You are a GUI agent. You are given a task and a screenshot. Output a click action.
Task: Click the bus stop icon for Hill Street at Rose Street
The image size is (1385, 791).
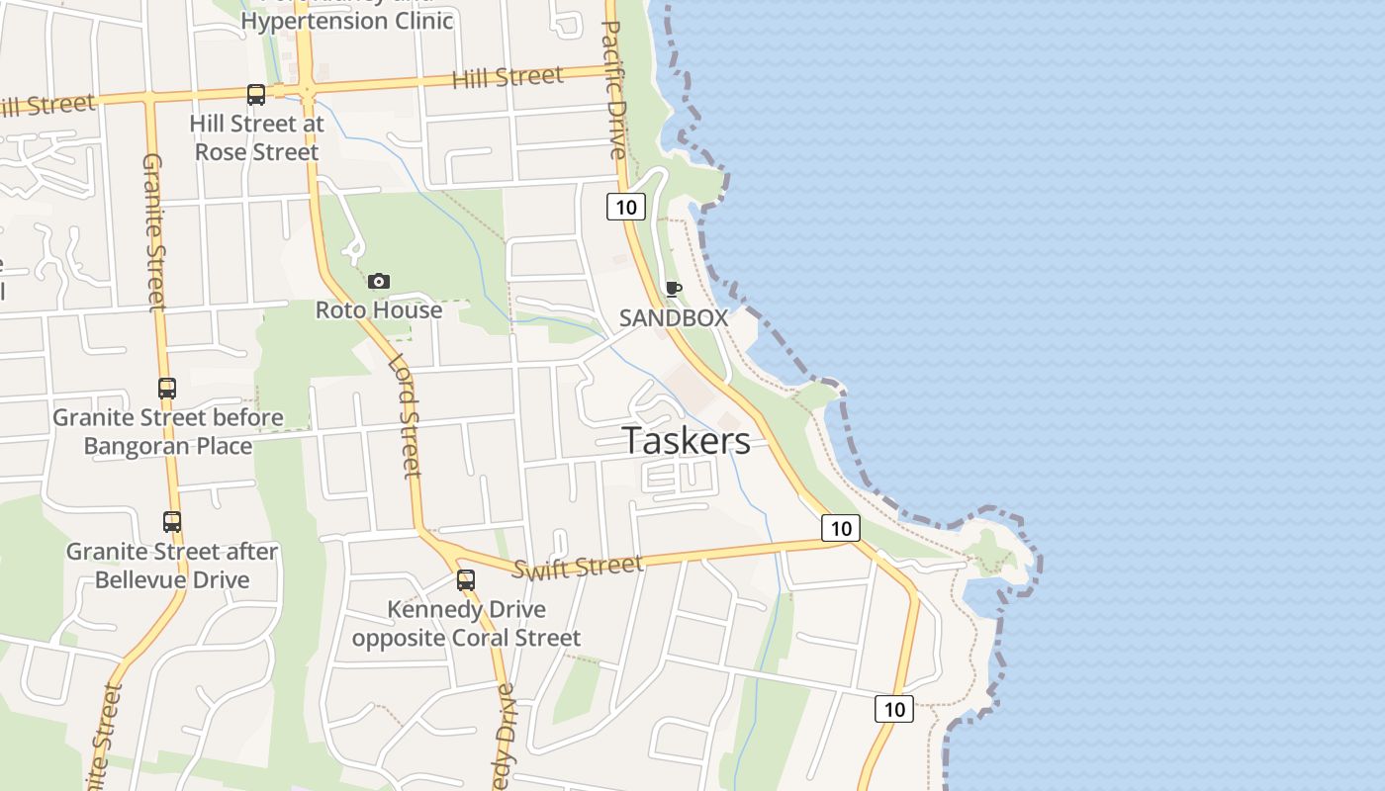click(256, 95)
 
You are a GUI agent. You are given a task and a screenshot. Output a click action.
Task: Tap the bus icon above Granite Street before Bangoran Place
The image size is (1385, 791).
click(167, 389)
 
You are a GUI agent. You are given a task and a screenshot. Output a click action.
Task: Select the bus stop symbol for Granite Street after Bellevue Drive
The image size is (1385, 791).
click(172, 521)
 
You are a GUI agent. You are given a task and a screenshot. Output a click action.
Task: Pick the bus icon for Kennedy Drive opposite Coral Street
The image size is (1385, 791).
click(466, 580)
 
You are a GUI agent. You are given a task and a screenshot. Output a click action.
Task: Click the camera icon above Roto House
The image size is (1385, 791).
click(378, 282)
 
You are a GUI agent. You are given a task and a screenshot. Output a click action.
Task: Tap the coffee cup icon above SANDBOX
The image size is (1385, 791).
click(674, 289)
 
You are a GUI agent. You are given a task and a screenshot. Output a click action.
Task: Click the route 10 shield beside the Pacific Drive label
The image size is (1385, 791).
click(625, 207)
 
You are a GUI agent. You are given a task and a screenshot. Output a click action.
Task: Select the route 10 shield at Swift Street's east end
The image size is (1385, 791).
click(840, 528)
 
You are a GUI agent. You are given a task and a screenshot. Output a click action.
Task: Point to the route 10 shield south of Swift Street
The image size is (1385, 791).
click(894, 709)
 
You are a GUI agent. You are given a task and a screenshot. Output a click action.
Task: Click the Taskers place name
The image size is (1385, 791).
click(686, 441)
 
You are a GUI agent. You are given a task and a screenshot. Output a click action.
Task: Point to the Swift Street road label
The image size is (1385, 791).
click(578, 567)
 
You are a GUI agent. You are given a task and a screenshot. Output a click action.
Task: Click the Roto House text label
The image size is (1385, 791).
click(379, 310)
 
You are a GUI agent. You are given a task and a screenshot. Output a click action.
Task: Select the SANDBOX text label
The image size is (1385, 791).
click(674, 318)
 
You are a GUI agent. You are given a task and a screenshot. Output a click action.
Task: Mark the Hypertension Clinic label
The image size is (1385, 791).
click(346, 20)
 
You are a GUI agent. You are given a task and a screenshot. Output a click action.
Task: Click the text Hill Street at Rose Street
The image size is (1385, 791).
click(257, 138)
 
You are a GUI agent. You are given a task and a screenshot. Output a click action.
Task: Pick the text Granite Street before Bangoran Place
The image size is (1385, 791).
click(168, 432)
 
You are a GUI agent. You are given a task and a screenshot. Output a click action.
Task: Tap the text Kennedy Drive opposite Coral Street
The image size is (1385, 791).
click(466, 624)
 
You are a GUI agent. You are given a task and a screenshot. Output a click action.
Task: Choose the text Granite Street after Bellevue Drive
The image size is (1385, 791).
click(172, 566)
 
